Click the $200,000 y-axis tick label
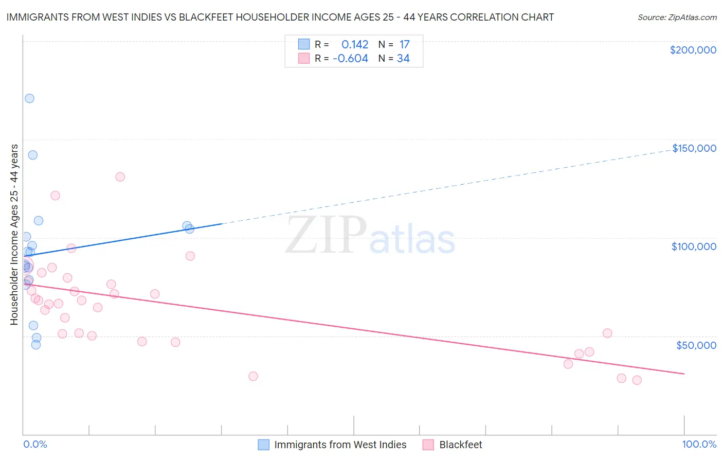tap(693, 50)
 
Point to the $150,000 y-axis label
tap(694, 148)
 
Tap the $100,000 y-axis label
tap(694, 246)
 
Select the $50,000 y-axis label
tap(696, 345)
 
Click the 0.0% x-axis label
tap(35, 444)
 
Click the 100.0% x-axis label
tap(699, 444)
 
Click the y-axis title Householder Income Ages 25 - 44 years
tap(14, 235)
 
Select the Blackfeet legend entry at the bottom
tap(460, 445)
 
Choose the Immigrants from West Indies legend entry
tap(340, 445)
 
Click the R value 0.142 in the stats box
tap(355, 45)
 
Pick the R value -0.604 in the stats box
tap(350, 59)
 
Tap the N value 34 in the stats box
tap(403, 59)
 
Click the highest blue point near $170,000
tap(29, 98)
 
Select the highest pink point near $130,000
tap(120, 177)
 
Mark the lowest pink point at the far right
tap(637, 380)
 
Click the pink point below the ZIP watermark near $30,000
tap(253, 376)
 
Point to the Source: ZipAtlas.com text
tap(677, 17)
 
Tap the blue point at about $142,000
tap(32, 155)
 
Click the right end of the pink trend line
tap(684, 374)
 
